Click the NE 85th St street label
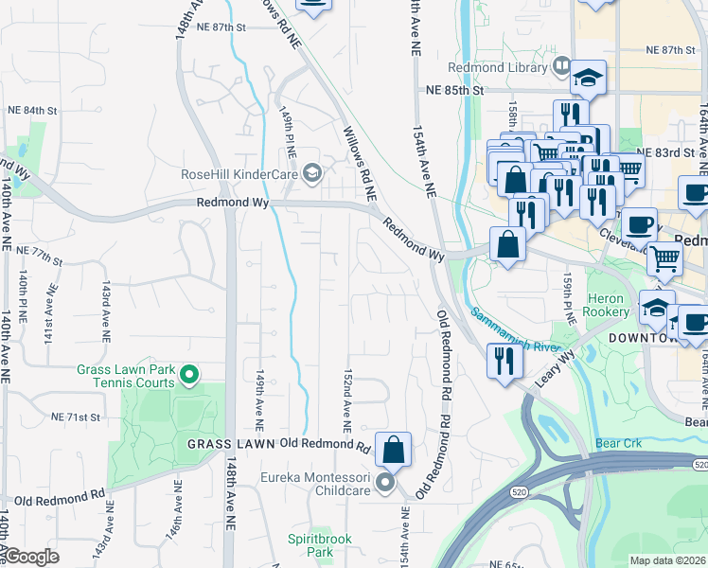[454, 91]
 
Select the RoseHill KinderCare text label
[239, 173]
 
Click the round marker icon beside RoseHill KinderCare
[312, 173]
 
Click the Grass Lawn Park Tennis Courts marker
[189, 376]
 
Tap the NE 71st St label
[76, 417]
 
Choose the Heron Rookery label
[607, 305]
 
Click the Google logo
[31, 557]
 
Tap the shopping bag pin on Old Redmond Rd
[393, 449]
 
